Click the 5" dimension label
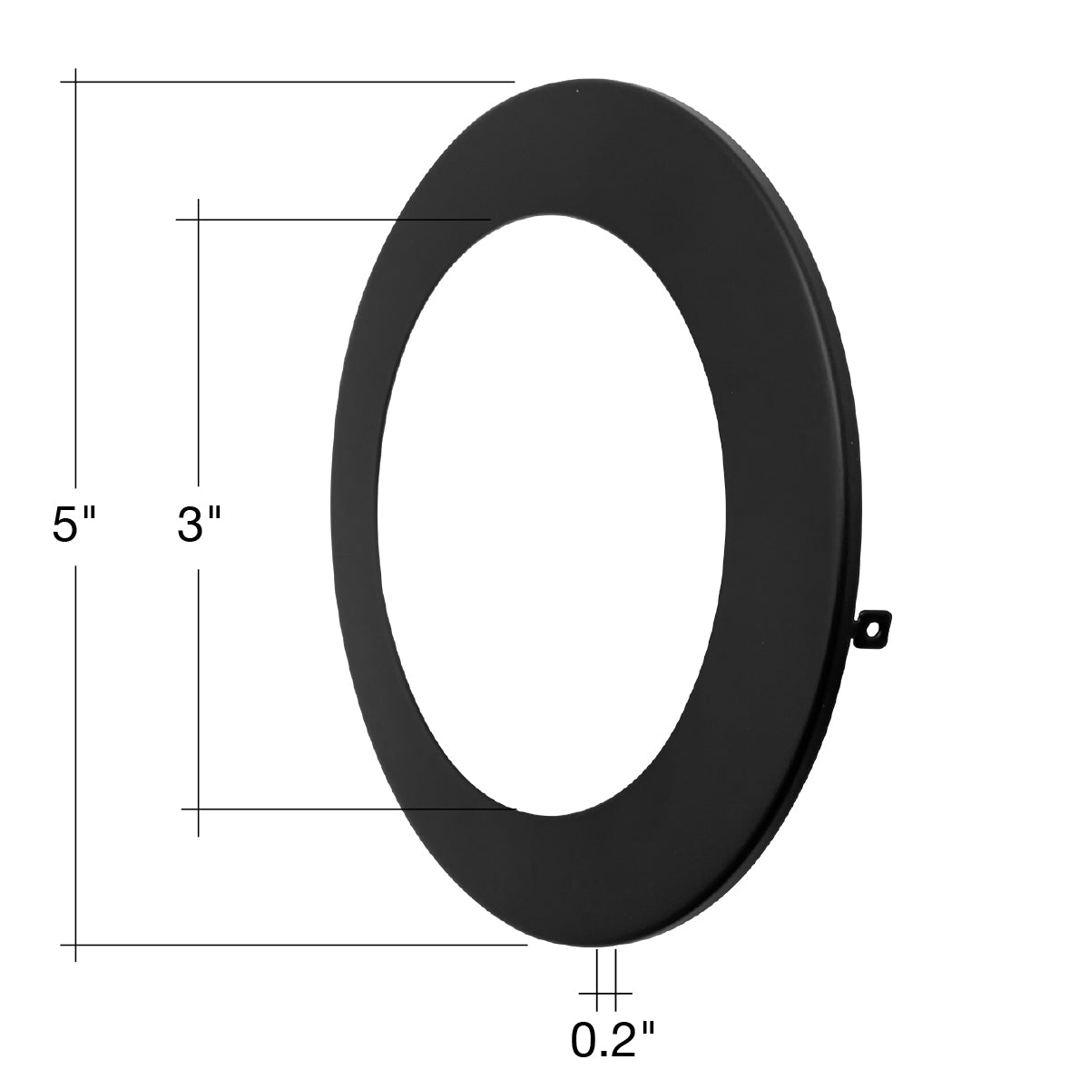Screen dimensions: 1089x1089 [x=74, y=525]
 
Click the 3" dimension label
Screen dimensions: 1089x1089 [x=199, y=525]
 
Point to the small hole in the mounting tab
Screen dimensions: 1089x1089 [x=875, y=627]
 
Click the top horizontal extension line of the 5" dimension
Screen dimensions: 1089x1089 [x=287, y=82]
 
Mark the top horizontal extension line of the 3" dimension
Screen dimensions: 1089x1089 [x=333, y=219]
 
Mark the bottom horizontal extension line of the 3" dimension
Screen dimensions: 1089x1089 [x=348, y=809]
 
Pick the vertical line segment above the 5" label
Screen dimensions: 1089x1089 [x=75, y=280]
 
